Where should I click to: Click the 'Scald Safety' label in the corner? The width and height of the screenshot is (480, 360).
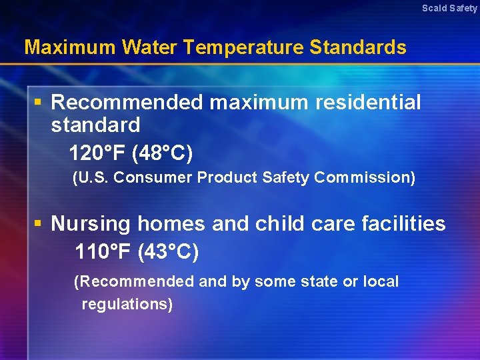point(449,8)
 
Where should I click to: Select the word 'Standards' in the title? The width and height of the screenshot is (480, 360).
point(357,47)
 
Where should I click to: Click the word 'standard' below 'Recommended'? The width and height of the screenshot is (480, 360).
point(95,125)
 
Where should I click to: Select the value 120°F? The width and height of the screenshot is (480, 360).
point(97,154)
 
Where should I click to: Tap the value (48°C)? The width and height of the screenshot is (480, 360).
point(163,154)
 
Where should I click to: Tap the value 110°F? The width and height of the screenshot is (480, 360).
point(103,253)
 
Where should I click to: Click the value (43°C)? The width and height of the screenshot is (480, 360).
point(168,253)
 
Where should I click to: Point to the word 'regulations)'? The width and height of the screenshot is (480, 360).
point(127,305)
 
